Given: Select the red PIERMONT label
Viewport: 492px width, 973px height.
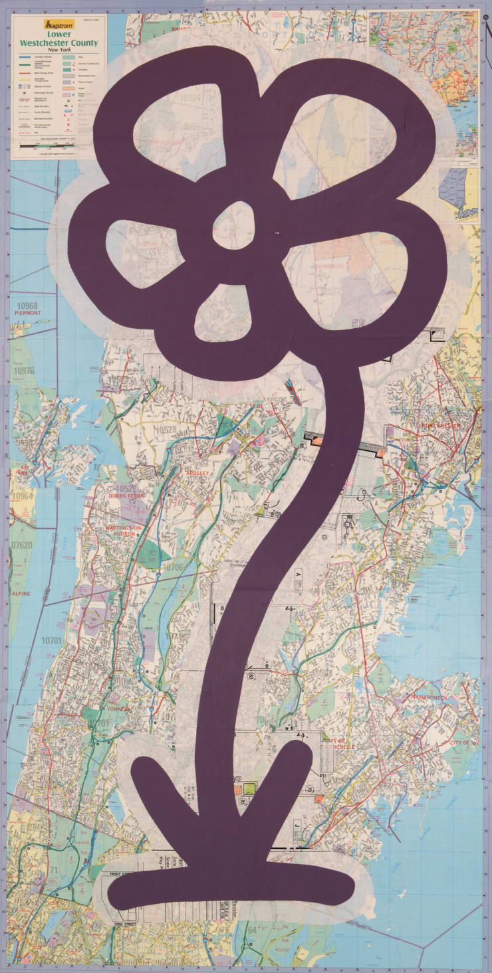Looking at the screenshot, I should coord(25,315).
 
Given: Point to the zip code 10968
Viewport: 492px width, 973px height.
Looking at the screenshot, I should coord(25,306).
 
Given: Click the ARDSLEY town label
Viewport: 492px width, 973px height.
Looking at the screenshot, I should coord(198,473).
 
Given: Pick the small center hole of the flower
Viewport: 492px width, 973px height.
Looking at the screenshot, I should coord(234,224).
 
